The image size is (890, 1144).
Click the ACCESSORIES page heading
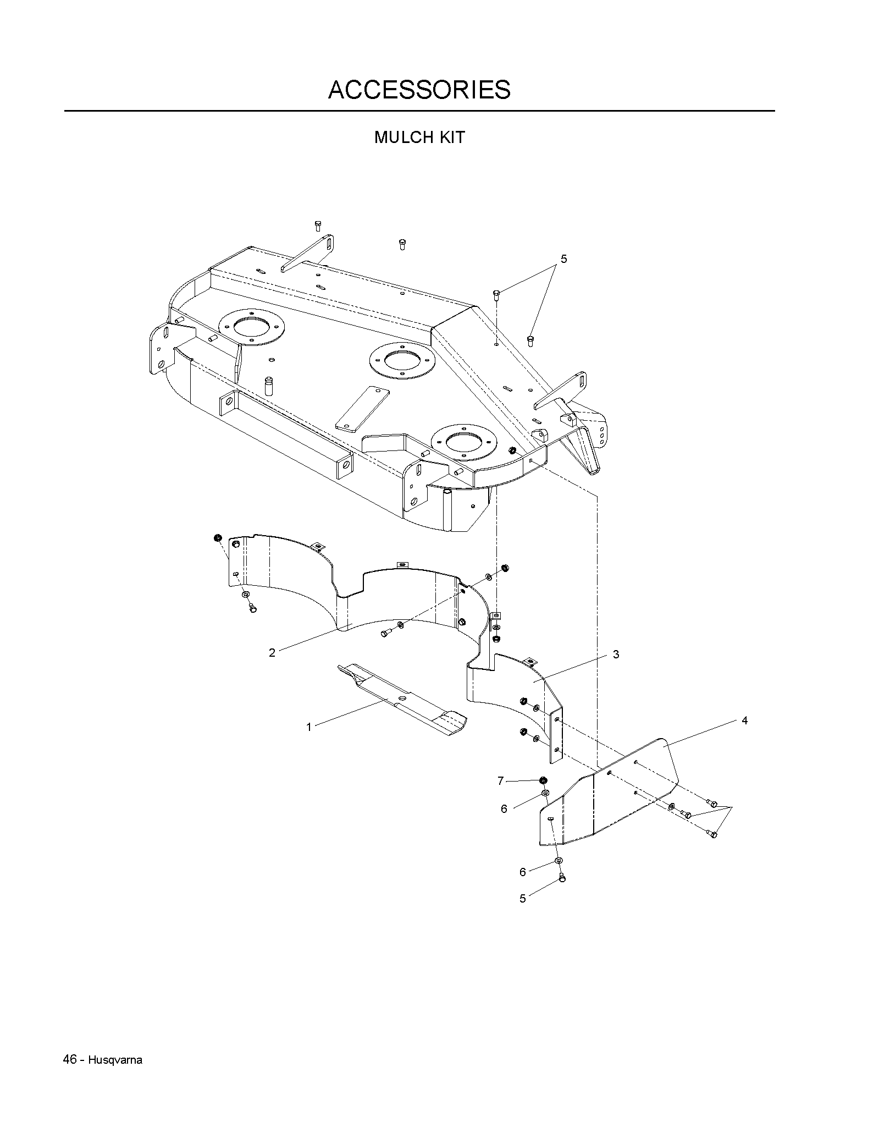[x=419, y=90]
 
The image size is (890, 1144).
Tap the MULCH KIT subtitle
[x=419, y=137]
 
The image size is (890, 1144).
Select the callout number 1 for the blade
[x=309, y=727]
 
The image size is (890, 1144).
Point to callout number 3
[x=616, y=654]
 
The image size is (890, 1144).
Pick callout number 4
[x=745, y=721]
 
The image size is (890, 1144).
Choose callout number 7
[x=500, y=781]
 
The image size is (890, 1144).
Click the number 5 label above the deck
[x=563, y=258]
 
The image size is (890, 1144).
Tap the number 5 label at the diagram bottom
[x=523, y=899]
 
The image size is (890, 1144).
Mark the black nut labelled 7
[x=543, y=780]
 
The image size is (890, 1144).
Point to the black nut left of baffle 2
[x=217, y=537]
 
